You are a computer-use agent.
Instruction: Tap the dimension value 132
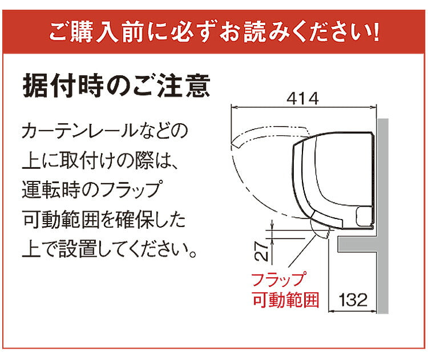pos(353,299)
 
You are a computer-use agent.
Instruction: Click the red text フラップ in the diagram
pos(278,280)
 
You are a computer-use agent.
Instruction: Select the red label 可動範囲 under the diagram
pos(285,300)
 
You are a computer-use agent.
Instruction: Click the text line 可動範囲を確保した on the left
pos(104,220)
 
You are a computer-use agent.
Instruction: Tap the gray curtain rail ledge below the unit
pos(357,245)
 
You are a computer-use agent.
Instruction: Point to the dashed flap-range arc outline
pos(240,177)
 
